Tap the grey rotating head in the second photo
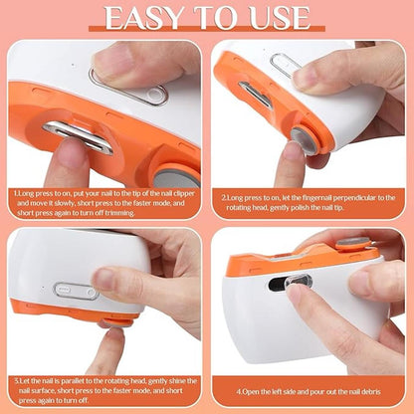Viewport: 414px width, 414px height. (309, 140)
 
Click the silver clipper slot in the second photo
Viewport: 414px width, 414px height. (256, 95)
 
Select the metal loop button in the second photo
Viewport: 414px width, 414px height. (286, 66)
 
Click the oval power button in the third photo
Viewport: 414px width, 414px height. (76, 292)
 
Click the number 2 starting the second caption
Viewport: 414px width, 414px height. (227, 197)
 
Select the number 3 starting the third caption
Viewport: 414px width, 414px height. (17, 380)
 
